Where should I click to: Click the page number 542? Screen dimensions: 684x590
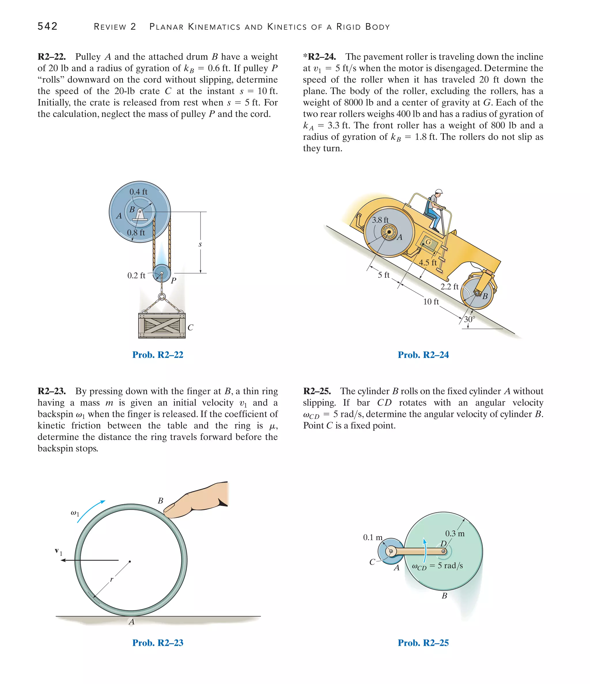coord(48,26)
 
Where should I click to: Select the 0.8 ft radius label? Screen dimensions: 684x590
coord(136,233)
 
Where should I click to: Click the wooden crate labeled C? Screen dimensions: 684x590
coord(162,325)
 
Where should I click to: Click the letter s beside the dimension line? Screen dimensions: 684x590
coord(200,245)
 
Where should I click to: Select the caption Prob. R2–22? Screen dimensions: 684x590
coord(158,355)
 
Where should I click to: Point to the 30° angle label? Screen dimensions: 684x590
coord(469,319)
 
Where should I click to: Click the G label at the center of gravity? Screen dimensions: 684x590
coord(428,242)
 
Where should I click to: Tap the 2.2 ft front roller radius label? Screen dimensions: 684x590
coord(449,287)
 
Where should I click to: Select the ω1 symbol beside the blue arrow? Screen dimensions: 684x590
coord(75,513)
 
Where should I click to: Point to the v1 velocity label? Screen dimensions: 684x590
coord(58,551)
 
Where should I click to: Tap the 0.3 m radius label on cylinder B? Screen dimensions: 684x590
coord(455,534)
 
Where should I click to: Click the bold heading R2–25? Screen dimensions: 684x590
coord(317,391)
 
